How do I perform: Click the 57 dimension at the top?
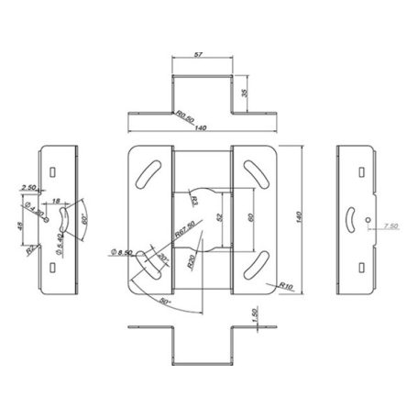click(202, 54)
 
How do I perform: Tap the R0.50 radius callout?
click(187, 116)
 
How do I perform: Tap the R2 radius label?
click(30, 248)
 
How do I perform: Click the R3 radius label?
click(196, 198)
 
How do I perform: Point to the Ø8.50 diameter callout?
click(121, 251)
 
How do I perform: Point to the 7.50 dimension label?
click(391, 225)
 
